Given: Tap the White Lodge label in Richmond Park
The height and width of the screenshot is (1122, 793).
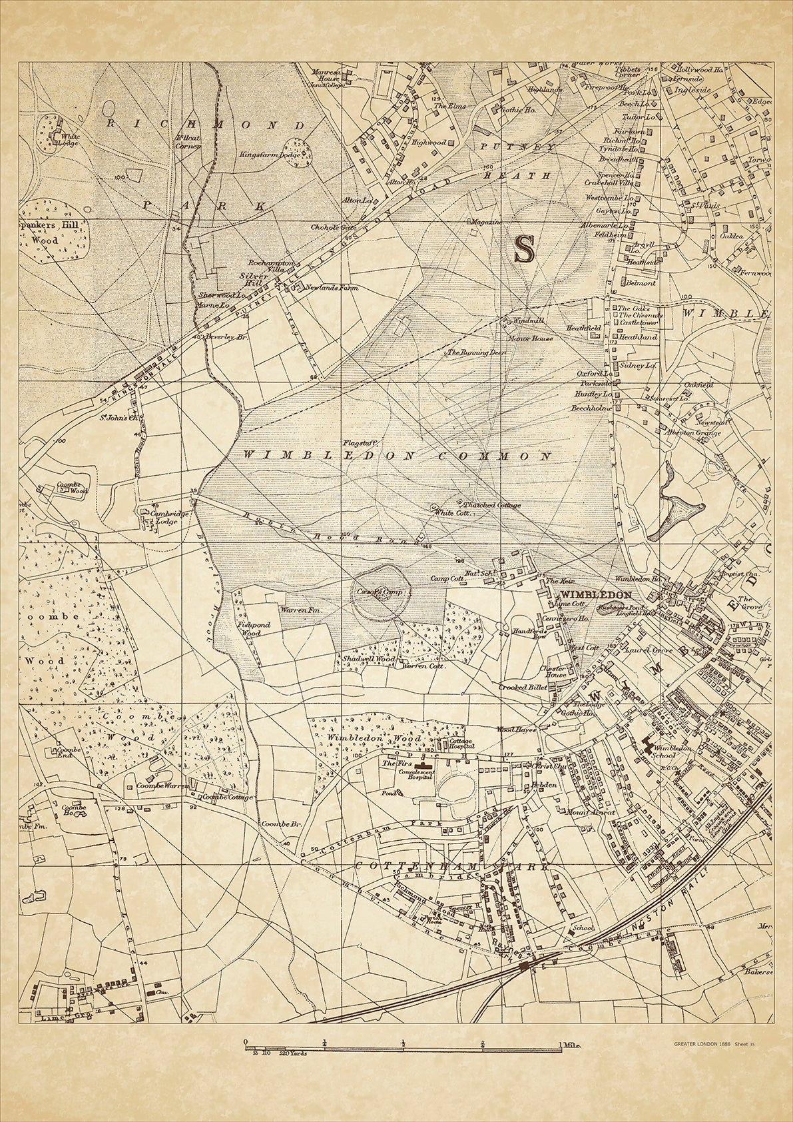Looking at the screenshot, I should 67,140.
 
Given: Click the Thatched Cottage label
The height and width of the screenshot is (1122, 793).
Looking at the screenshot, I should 497,505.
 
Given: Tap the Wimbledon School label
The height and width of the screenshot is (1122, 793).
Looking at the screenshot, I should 659,752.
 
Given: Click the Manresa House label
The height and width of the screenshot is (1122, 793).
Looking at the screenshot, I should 326,73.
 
